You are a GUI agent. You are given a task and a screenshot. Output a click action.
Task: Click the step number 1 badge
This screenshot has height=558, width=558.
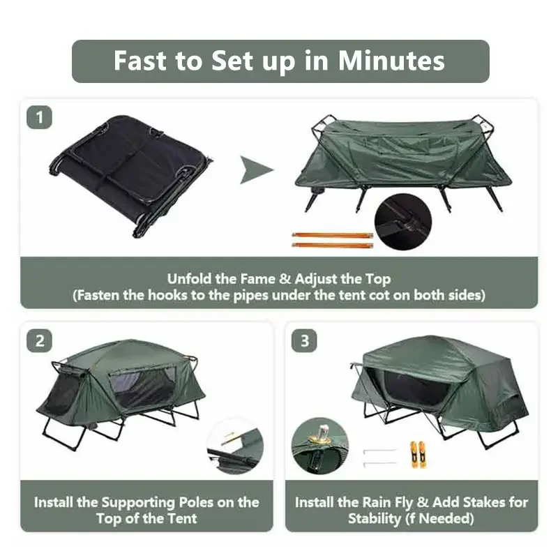pos(39,117)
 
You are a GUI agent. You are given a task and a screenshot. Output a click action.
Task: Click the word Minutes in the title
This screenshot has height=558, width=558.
pos(391,61)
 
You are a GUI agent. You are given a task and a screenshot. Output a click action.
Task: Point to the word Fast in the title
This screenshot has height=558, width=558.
pos(139,61)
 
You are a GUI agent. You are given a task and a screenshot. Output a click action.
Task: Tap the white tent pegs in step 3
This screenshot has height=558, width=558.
pos(380,456)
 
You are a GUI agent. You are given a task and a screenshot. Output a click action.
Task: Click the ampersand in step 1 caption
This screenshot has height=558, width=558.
pos(285,279)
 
